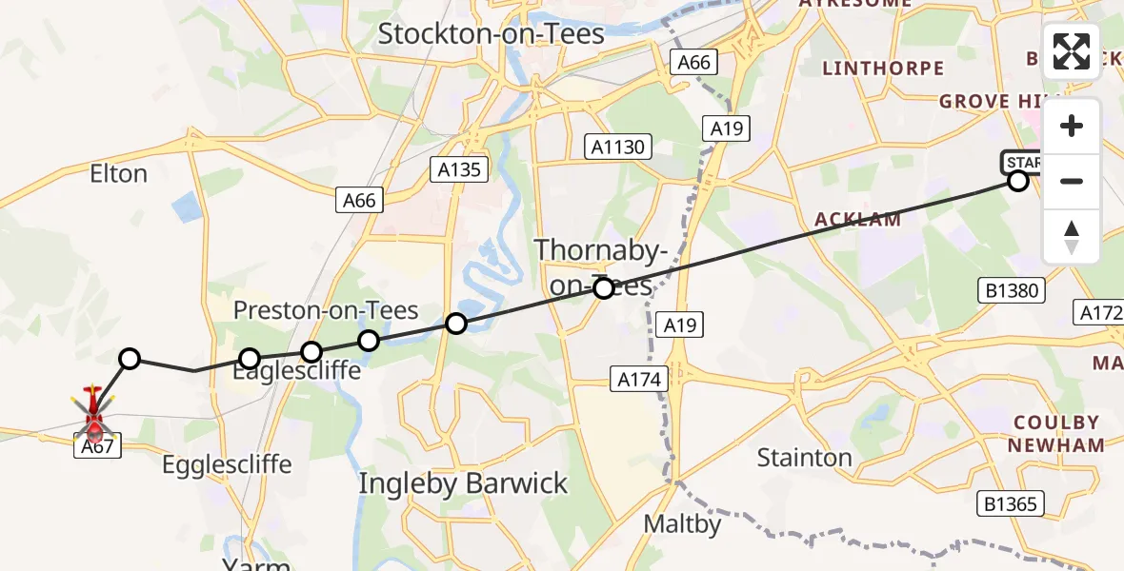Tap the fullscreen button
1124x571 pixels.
1072,51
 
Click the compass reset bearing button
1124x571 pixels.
1072,236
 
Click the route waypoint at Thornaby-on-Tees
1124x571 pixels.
604,287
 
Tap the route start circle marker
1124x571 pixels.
1018,180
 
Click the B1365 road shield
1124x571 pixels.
1012,503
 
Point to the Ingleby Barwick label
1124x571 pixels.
463,483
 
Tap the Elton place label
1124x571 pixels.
118,174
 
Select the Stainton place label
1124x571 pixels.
804,458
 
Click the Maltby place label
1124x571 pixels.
682,523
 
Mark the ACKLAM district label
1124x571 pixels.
857,220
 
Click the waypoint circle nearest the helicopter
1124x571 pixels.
130,359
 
